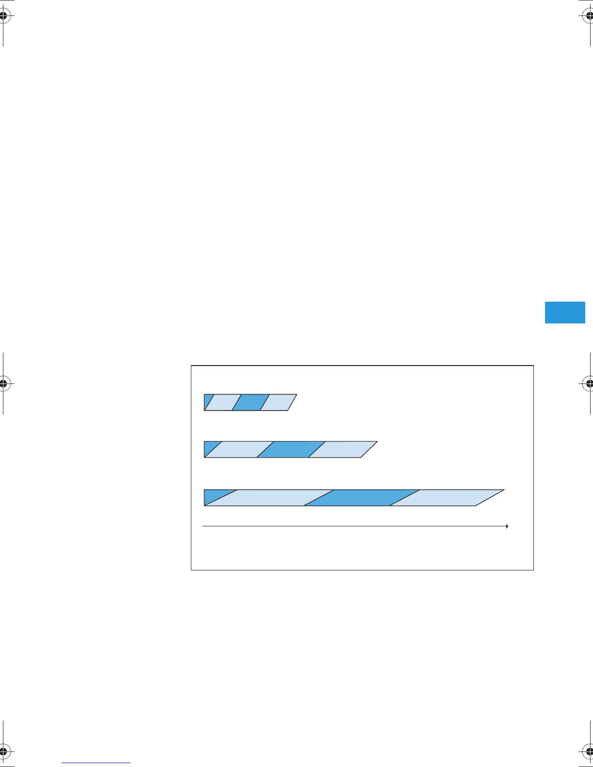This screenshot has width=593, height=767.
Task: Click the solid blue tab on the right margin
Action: click(x=565, y=312)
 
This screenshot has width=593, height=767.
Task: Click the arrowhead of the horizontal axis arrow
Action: click(x=506, y=526)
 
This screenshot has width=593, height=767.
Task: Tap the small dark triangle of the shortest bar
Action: click(x=208, y=400)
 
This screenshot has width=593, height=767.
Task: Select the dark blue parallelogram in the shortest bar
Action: click(x=250, y=402)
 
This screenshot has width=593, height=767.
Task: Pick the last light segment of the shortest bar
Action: click(x=278, y=402)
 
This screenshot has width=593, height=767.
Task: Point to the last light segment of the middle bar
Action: click(x=343, y=449)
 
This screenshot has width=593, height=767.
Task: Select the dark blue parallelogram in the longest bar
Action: click(x=361, y=498)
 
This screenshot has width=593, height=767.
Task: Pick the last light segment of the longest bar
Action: click(x=447, y=498)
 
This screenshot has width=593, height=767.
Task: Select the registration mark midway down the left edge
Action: click(x=3, y=383)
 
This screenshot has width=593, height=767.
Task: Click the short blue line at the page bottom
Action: click(x=96, y=764)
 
